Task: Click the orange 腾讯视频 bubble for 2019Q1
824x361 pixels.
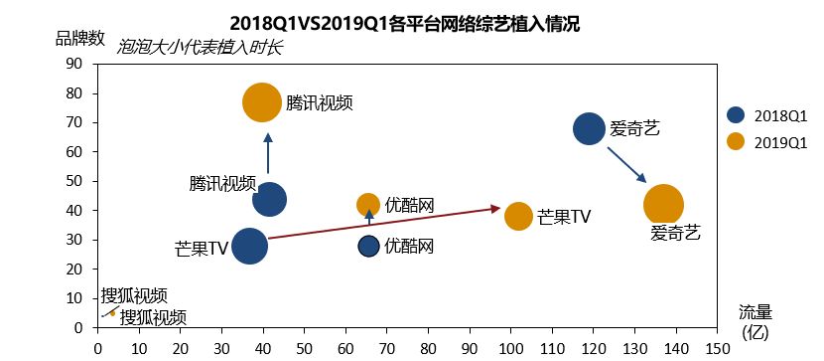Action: [262, 102]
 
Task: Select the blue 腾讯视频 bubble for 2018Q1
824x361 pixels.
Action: [269, 199]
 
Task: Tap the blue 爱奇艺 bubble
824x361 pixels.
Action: [589, 128]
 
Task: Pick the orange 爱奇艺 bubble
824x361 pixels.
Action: [664, 204]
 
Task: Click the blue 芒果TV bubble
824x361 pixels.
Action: [250, 246]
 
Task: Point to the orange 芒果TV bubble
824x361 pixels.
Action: [518, 216]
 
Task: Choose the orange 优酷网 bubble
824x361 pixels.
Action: [368, 204]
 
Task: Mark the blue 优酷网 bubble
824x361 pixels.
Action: [368, 246]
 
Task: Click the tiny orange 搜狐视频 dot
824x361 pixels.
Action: [112, 312]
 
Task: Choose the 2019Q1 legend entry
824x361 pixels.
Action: [768, 141]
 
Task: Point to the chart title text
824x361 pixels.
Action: [404, 22]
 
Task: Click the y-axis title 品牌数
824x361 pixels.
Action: [79, 38]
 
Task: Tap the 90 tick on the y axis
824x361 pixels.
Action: [73, 64]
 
